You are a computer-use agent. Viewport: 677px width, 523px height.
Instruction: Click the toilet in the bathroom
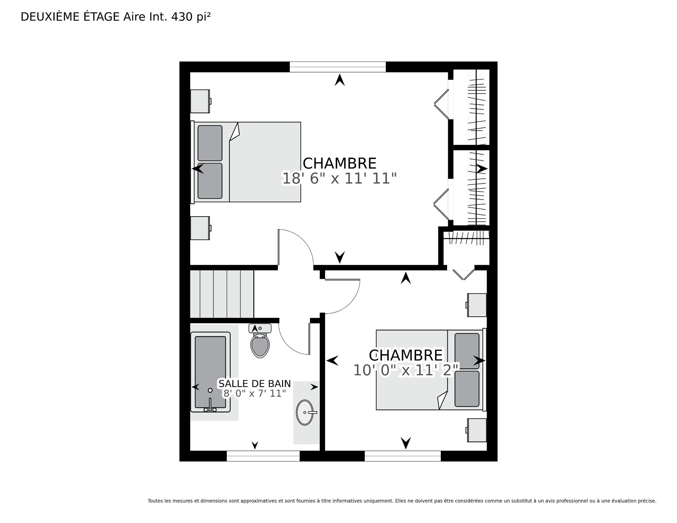pos(260,341)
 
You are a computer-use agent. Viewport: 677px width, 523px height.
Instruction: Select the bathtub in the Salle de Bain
pos(211,372)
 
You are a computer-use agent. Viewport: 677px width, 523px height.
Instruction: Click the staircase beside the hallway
pos(222,294)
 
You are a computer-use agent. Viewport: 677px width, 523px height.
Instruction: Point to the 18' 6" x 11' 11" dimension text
pos(340,178)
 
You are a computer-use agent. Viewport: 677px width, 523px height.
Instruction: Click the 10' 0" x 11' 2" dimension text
pos(406,370)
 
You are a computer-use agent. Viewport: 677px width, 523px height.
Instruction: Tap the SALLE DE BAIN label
pos(255,383)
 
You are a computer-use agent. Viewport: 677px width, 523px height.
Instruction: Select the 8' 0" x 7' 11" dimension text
pos(255,394)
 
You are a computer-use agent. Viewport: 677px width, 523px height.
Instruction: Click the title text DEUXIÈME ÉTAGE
pos(70,17)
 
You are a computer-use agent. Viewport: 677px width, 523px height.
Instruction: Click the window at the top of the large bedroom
pos(338,67)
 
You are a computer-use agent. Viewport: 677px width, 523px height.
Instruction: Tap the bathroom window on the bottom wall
pos(263,456)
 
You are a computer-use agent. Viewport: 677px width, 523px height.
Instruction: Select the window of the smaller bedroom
pos(403,456)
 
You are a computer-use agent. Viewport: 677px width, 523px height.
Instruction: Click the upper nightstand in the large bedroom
pos(200,101)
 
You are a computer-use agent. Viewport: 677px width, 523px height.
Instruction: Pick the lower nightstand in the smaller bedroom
pos(476,430)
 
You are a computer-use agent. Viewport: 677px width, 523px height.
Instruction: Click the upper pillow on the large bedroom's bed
pos(210,143)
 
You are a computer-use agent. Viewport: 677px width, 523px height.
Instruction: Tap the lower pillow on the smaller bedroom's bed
pos(467,389)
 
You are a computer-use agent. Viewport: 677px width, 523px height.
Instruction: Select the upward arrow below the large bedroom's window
pos(340,80)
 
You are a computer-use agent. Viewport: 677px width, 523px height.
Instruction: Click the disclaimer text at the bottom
pos(402,501)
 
